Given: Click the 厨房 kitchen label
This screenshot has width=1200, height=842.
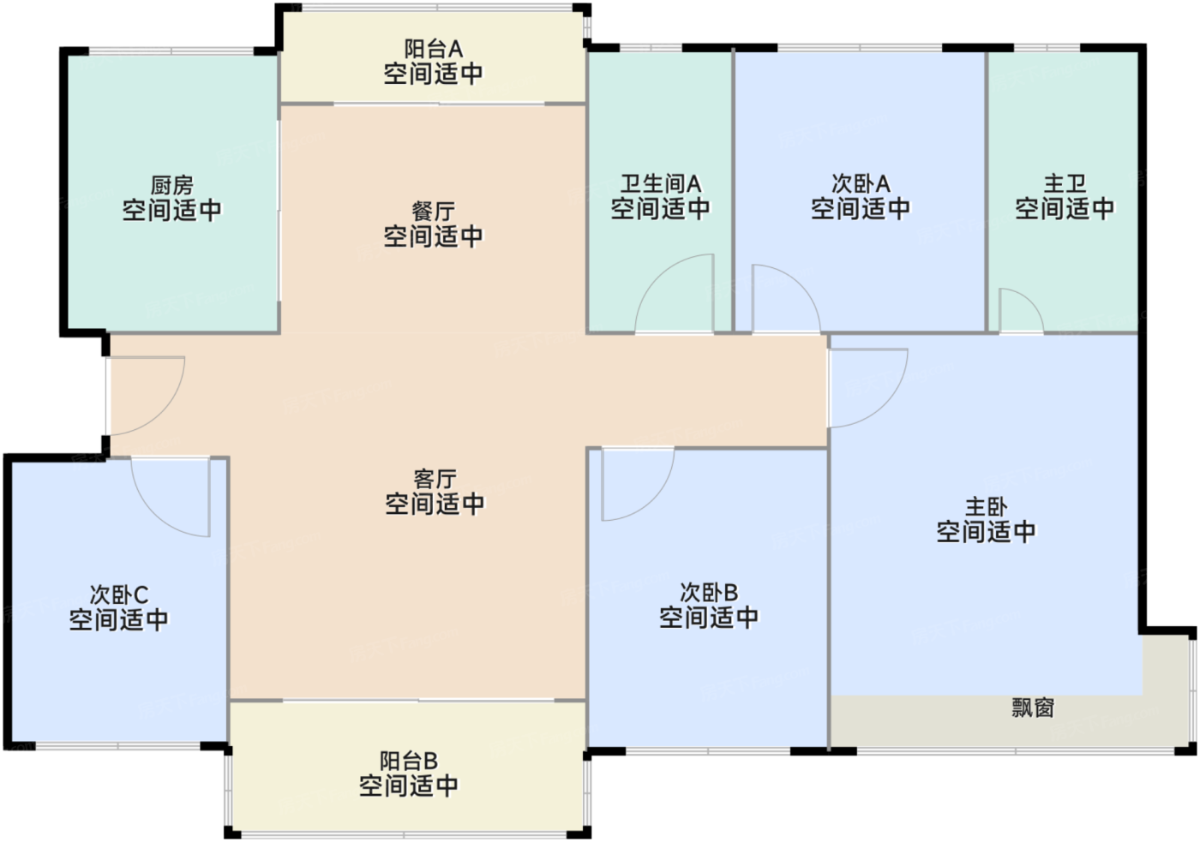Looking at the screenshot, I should (x=171, y=185).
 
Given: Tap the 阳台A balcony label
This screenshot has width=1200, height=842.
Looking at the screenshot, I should (x=433, y=50).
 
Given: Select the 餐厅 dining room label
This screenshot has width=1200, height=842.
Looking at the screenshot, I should (x=433, y=212).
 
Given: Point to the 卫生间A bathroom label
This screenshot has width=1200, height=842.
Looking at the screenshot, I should (x=660, y=184).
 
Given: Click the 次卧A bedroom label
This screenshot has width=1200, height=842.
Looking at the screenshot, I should (x=861, y=184).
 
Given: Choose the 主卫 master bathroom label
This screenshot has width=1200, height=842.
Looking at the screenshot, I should (x=1065, y=184).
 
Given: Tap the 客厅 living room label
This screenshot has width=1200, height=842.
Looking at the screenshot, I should (x=435, y=479).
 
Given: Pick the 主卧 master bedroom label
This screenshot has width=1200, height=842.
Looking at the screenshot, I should (x=986, y=507).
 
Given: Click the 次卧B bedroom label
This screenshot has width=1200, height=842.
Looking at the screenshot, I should (x=708, y=593).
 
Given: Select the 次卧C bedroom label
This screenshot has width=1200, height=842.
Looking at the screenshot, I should (x=118, y=595).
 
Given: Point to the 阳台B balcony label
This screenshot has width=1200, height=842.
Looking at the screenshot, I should (x=408, y=761).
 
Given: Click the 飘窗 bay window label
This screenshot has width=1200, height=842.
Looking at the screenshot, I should (x=1032, y=708).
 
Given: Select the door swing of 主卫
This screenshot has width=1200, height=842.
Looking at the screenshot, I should (x=1017, y=314).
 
